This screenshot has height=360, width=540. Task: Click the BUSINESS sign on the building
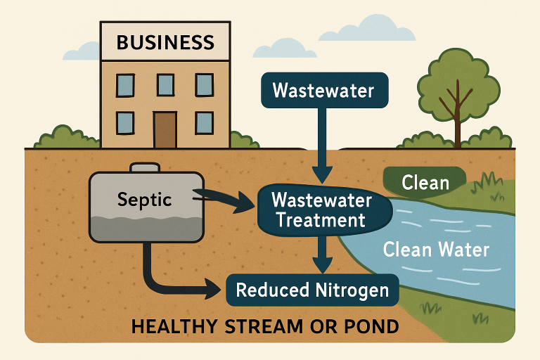coord(165,42)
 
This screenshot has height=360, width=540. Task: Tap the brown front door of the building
coord(165,128)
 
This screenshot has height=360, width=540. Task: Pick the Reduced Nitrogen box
coord(311,290)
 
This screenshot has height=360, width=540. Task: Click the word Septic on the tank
coord(145,200)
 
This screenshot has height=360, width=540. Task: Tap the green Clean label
coord(425,184)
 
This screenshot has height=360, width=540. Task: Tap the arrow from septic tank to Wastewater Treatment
coord(225,200)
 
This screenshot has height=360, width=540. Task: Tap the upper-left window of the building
coord(125,85)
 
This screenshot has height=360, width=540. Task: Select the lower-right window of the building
coord(205,122)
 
